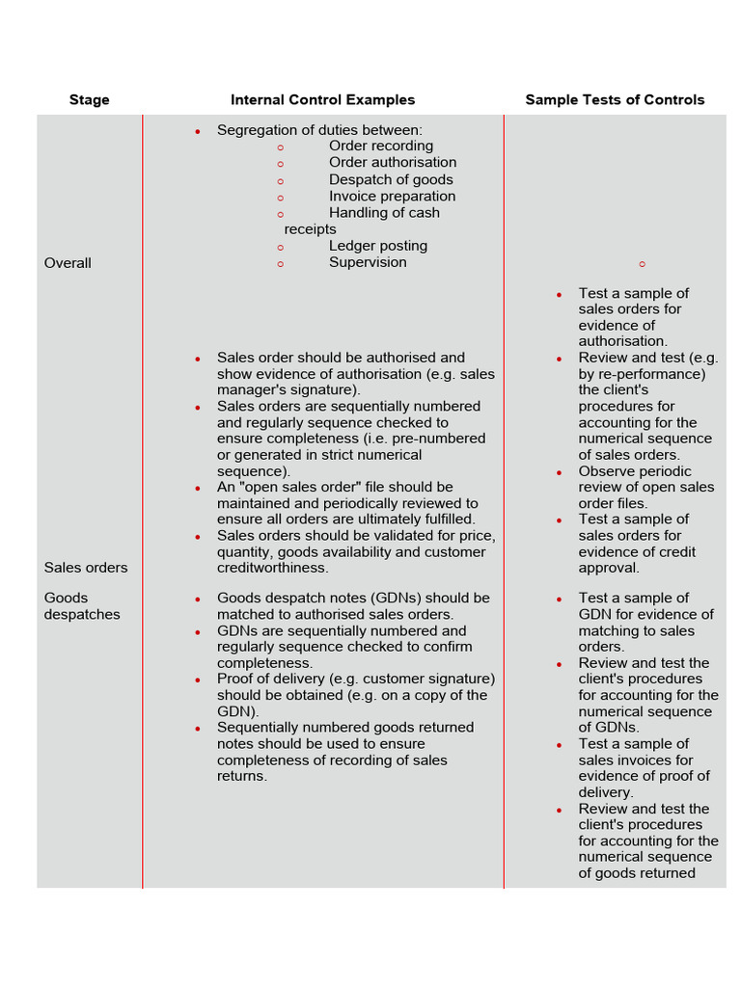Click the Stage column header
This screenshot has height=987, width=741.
(x=89, y=100)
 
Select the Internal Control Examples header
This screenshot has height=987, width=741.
(x=322, y=100)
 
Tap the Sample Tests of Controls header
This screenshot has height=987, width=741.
(x=615, y=100)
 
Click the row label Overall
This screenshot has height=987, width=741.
(x=68, y=263)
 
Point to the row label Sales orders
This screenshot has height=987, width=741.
(x=86, y=568)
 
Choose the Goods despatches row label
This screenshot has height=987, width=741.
(x=82, y=606)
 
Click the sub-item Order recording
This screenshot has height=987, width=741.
(x=380, y=147)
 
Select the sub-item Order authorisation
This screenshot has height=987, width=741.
(x=392, y=163)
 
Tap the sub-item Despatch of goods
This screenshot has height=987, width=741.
(x=390, y=180)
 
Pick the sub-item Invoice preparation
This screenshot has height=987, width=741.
(x=392, y=197)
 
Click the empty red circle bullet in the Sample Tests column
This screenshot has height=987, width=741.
(x=642, y=264)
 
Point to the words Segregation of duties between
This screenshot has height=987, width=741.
(x=319, y=130)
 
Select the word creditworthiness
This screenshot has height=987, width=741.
(x=272, y=569)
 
